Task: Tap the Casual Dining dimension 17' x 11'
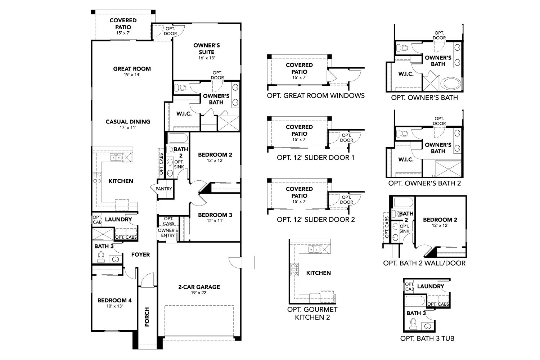pos(128,127)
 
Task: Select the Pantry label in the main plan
pos(164,189)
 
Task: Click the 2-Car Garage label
pos(199,287)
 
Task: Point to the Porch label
pos(147,317)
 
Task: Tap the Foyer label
pos(140,255)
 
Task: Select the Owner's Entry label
pos(168,233)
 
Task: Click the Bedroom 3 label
pos(215,215)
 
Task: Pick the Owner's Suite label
pos(206,49)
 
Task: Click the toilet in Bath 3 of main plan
pos(101,257)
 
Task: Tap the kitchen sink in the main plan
pos(116,157)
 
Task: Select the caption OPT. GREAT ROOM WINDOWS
pos(316,95)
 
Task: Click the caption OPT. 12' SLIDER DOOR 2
pos(316,219)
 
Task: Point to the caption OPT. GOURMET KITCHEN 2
pos(312,313)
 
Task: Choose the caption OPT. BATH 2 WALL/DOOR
pos(424,263)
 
